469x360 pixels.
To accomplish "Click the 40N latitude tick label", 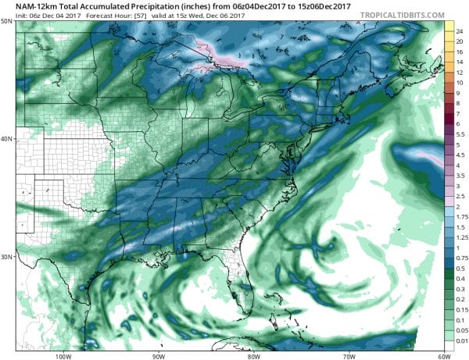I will [6, 139].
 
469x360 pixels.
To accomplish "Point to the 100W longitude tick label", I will [63, 355].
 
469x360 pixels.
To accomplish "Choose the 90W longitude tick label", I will [159, 355].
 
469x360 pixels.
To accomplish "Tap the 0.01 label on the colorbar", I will [461, 340].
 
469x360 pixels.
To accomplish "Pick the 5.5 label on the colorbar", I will [461, 135].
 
